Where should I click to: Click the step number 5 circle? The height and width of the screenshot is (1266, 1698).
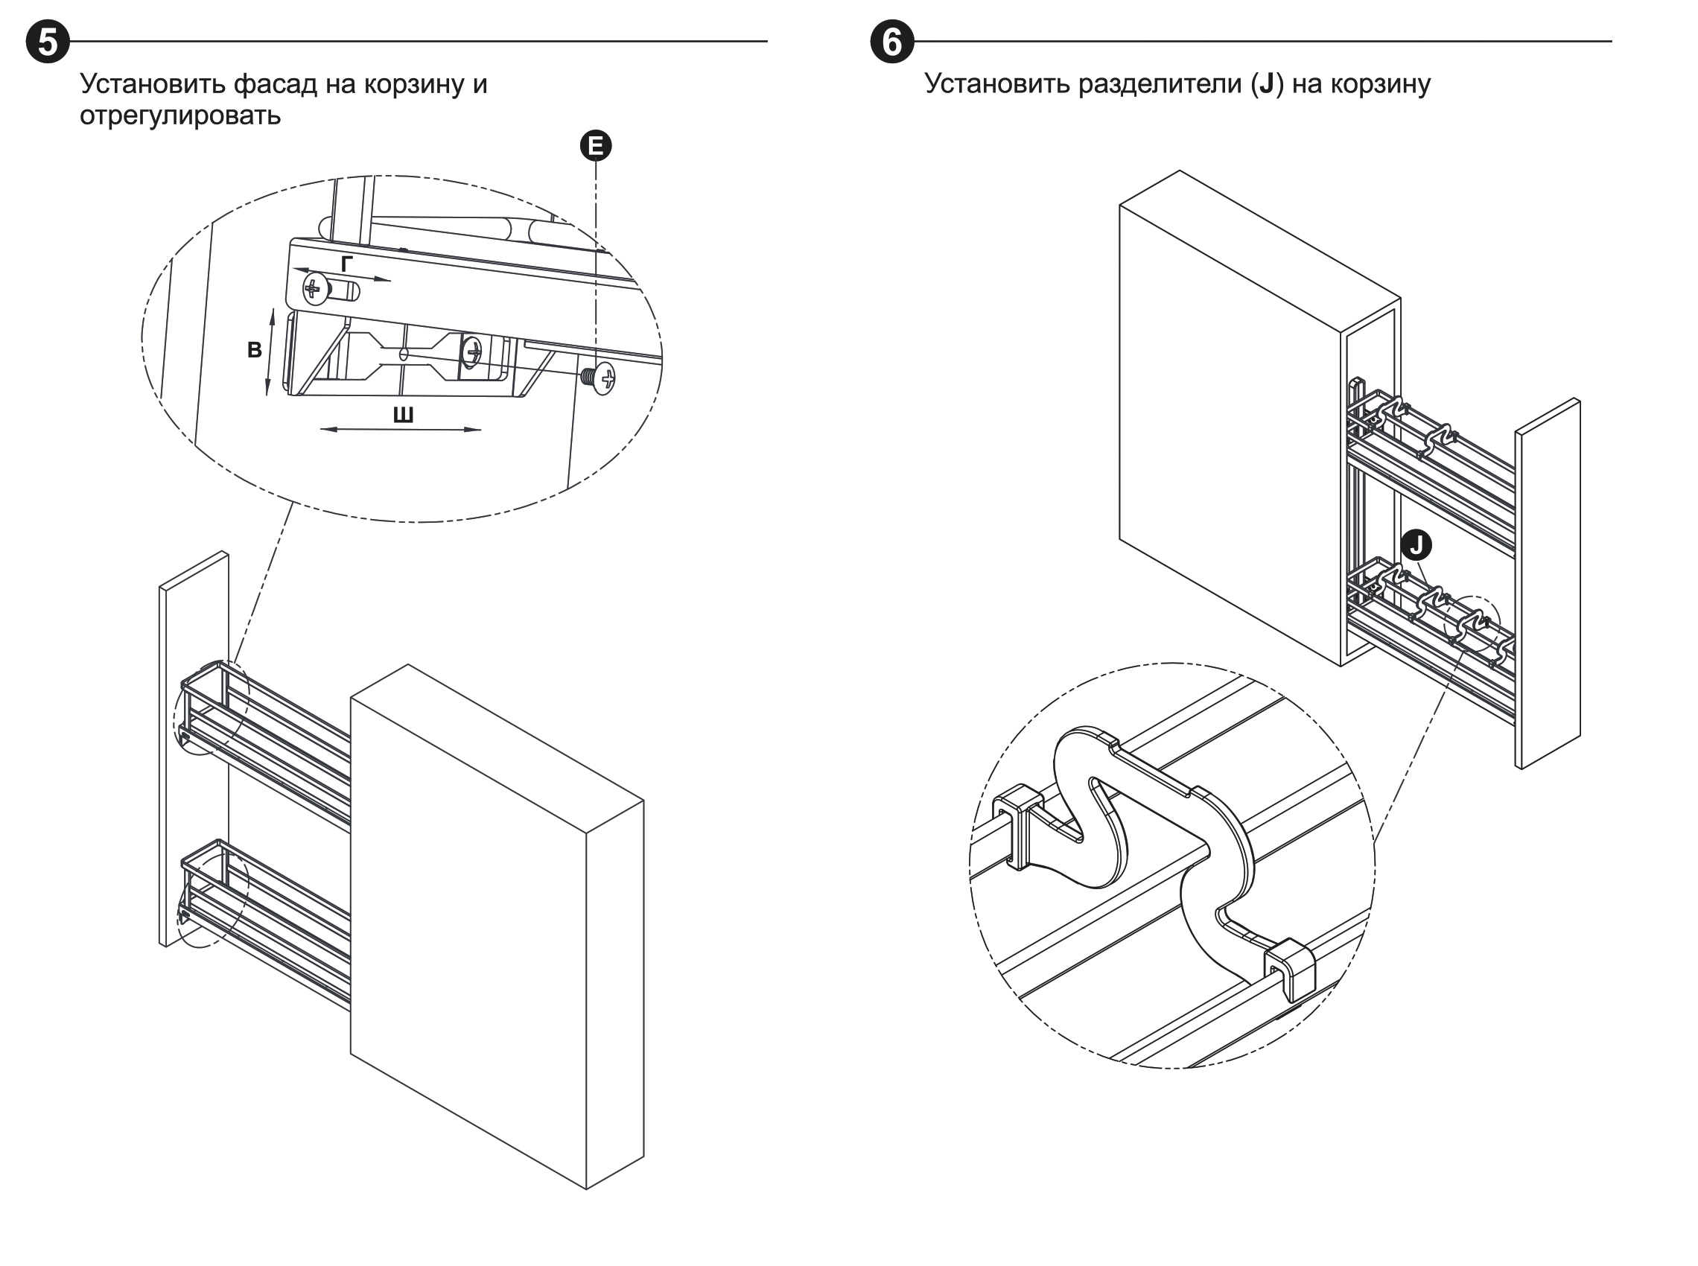coord(48,42)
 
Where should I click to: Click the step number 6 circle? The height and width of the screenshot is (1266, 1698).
coord(892,42)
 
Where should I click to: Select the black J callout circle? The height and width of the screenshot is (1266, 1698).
coord(1416,546)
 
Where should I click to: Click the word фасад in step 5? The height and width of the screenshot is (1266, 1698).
coord(275,83)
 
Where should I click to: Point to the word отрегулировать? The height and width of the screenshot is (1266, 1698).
coord(180,115)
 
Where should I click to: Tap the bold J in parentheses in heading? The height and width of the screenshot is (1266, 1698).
coord(1266,83)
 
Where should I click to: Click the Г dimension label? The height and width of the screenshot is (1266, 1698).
coord(347,264)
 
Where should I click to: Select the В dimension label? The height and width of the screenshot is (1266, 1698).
coord(255,350)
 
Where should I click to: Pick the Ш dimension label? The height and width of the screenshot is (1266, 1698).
coord(403,416)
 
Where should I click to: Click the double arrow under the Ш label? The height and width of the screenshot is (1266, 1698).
coord(400,430)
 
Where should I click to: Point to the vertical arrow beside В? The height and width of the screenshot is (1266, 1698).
coord(269,352)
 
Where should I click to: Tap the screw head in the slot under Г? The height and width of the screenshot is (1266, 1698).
coord(314,289)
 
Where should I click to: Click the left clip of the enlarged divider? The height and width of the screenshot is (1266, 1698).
coord(1017,828)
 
